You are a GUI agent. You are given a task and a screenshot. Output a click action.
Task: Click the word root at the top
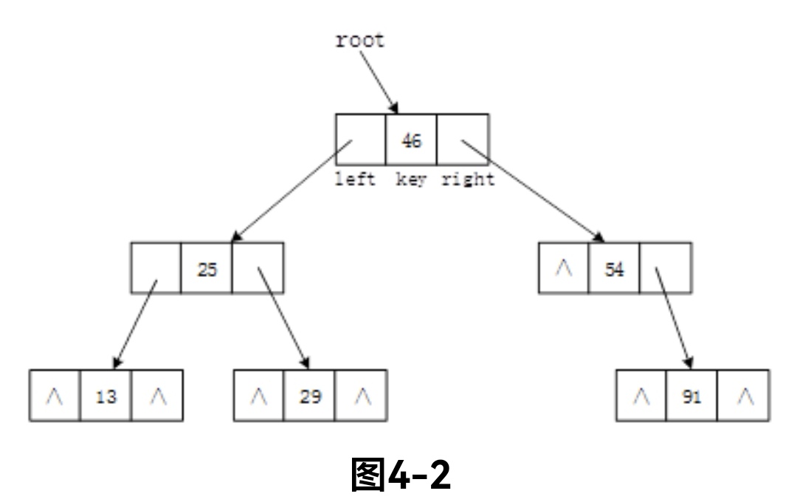click(x=360, y=41)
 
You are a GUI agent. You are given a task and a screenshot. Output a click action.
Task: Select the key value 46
click(x=411, y=140)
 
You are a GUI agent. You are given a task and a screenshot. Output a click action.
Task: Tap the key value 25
click(x=207, y=269)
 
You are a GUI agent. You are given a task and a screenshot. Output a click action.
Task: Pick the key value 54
click(x=614, y=269)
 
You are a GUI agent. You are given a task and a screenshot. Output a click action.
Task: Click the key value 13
click(x=106, y=397)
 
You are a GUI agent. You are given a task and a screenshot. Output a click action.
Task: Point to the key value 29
click(x=310, y=397)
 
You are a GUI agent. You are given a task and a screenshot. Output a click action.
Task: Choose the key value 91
click(x=692, y=397)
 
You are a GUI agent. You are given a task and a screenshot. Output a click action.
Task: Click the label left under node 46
click(x=356, y=179)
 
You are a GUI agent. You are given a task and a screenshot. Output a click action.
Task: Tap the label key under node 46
click(x=411, y=179)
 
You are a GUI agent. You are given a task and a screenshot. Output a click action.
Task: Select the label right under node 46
click(x=468, y=179)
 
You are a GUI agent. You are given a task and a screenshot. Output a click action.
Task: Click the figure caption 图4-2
click(x=399, y=474)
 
